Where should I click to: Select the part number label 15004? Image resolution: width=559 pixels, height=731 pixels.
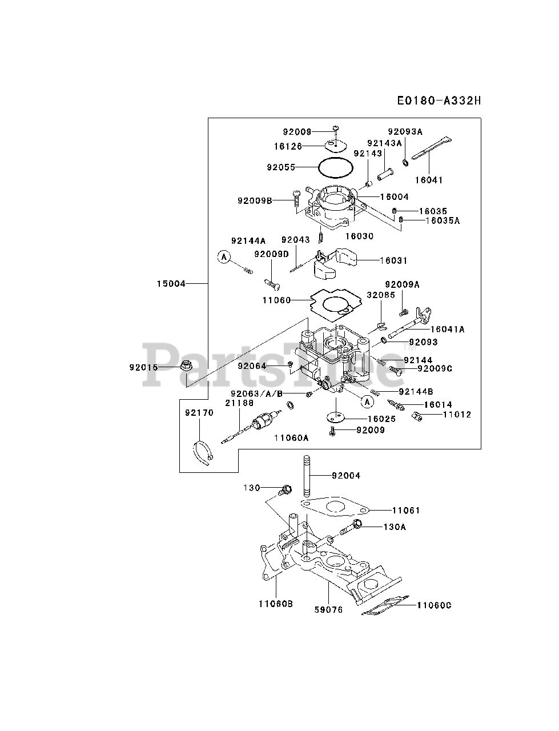(172, 283)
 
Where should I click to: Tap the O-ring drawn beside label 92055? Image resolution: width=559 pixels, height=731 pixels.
(335, 168)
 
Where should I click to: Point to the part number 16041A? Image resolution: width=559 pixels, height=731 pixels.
(447, 329)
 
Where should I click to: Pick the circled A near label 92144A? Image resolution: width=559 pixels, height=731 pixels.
(224, 258)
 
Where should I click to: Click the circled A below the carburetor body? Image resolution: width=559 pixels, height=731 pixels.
(368, 402)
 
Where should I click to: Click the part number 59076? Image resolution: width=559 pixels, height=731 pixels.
(328, 609)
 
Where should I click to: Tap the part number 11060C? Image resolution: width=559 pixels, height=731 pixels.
(434, 605)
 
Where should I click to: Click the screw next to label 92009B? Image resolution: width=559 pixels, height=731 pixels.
(296, 198)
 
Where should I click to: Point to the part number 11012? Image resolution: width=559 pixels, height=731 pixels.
(457, 415)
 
